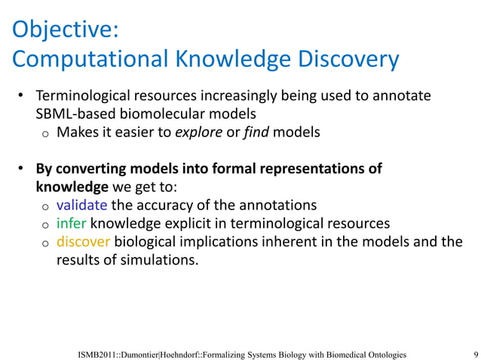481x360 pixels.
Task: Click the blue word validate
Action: pos(83,206)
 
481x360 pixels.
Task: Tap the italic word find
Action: pos(254,133)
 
